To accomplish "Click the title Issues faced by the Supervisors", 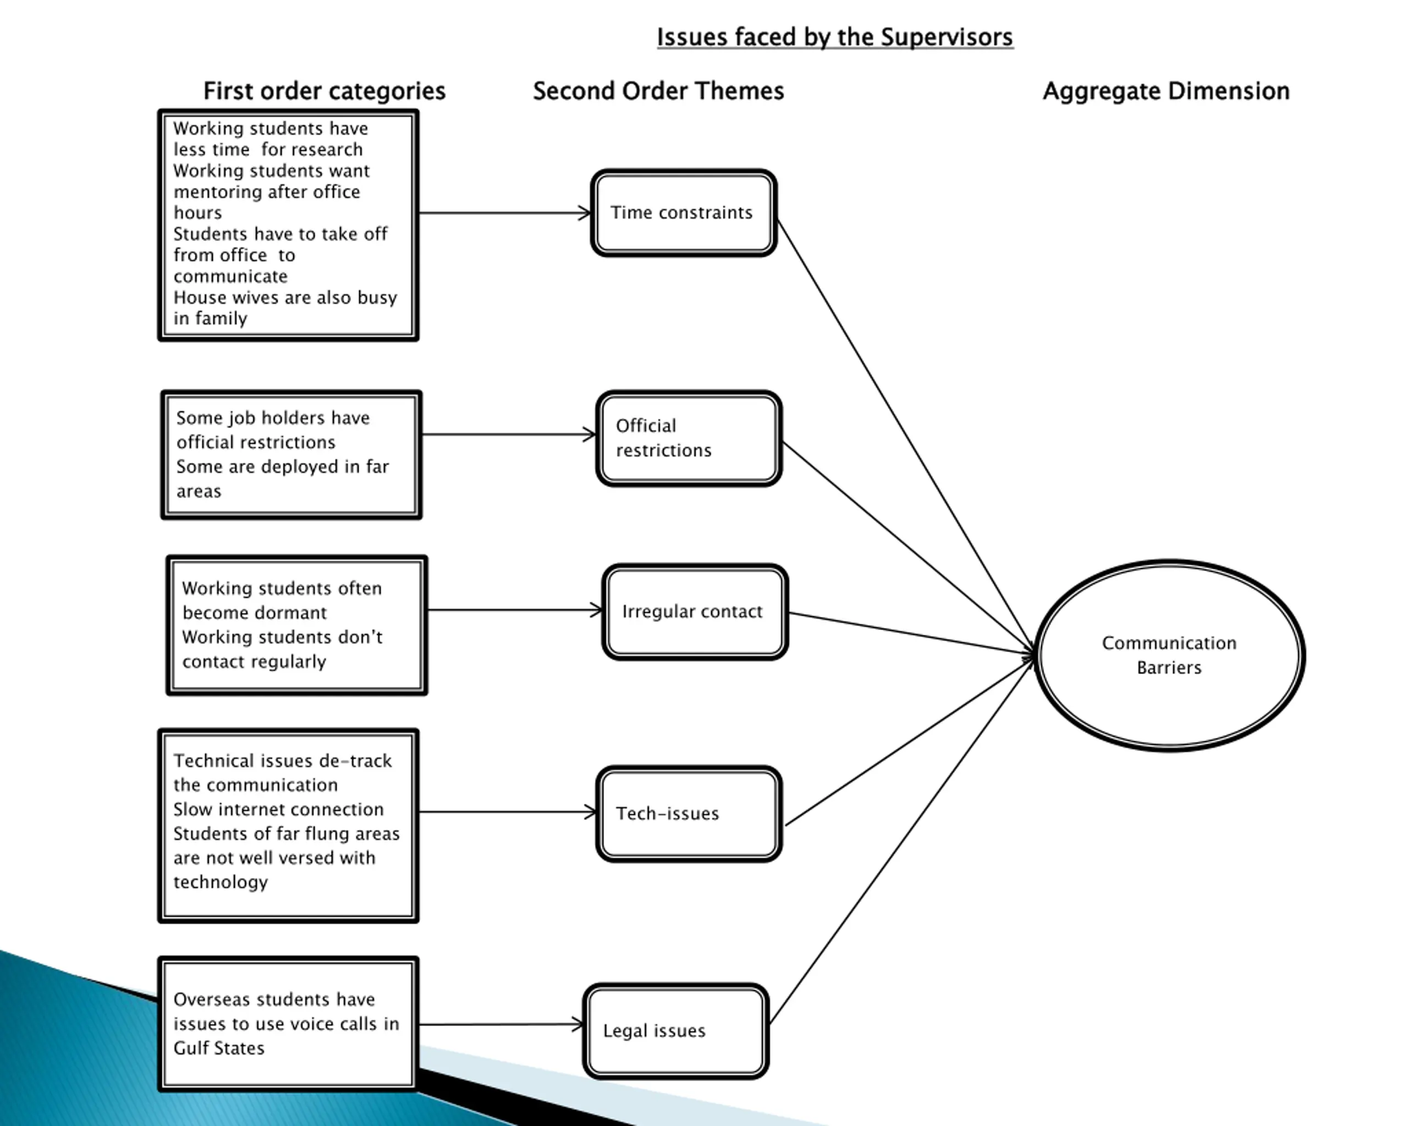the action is pyautogui.click(x=834, y=37).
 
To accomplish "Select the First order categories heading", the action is pyautogui.click(x=324, y=91).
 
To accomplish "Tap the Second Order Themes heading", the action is pyautogui.click(x=658, y=91).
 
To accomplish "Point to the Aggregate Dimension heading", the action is pyautogui.click(x=1167, y=91).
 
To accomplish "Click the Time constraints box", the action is pyautogui.click(x=684, y=213).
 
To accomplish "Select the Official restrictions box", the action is pyautogui.click(x=689, y=439).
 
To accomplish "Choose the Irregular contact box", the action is pyautogui.click(x=695, y=611).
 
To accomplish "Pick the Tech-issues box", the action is pyautogui.click(x=689, y=814).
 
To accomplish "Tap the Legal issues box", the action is pyautogui.click(x=676, y=1031).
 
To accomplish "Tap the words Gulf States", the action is pyautogui.click(x=219, y=1048).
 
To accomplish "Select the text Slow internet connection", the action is pyautogui.click(x=278, y=809).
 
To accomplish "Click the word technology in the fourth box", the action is pyautogui.click(x=221, y=882).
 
